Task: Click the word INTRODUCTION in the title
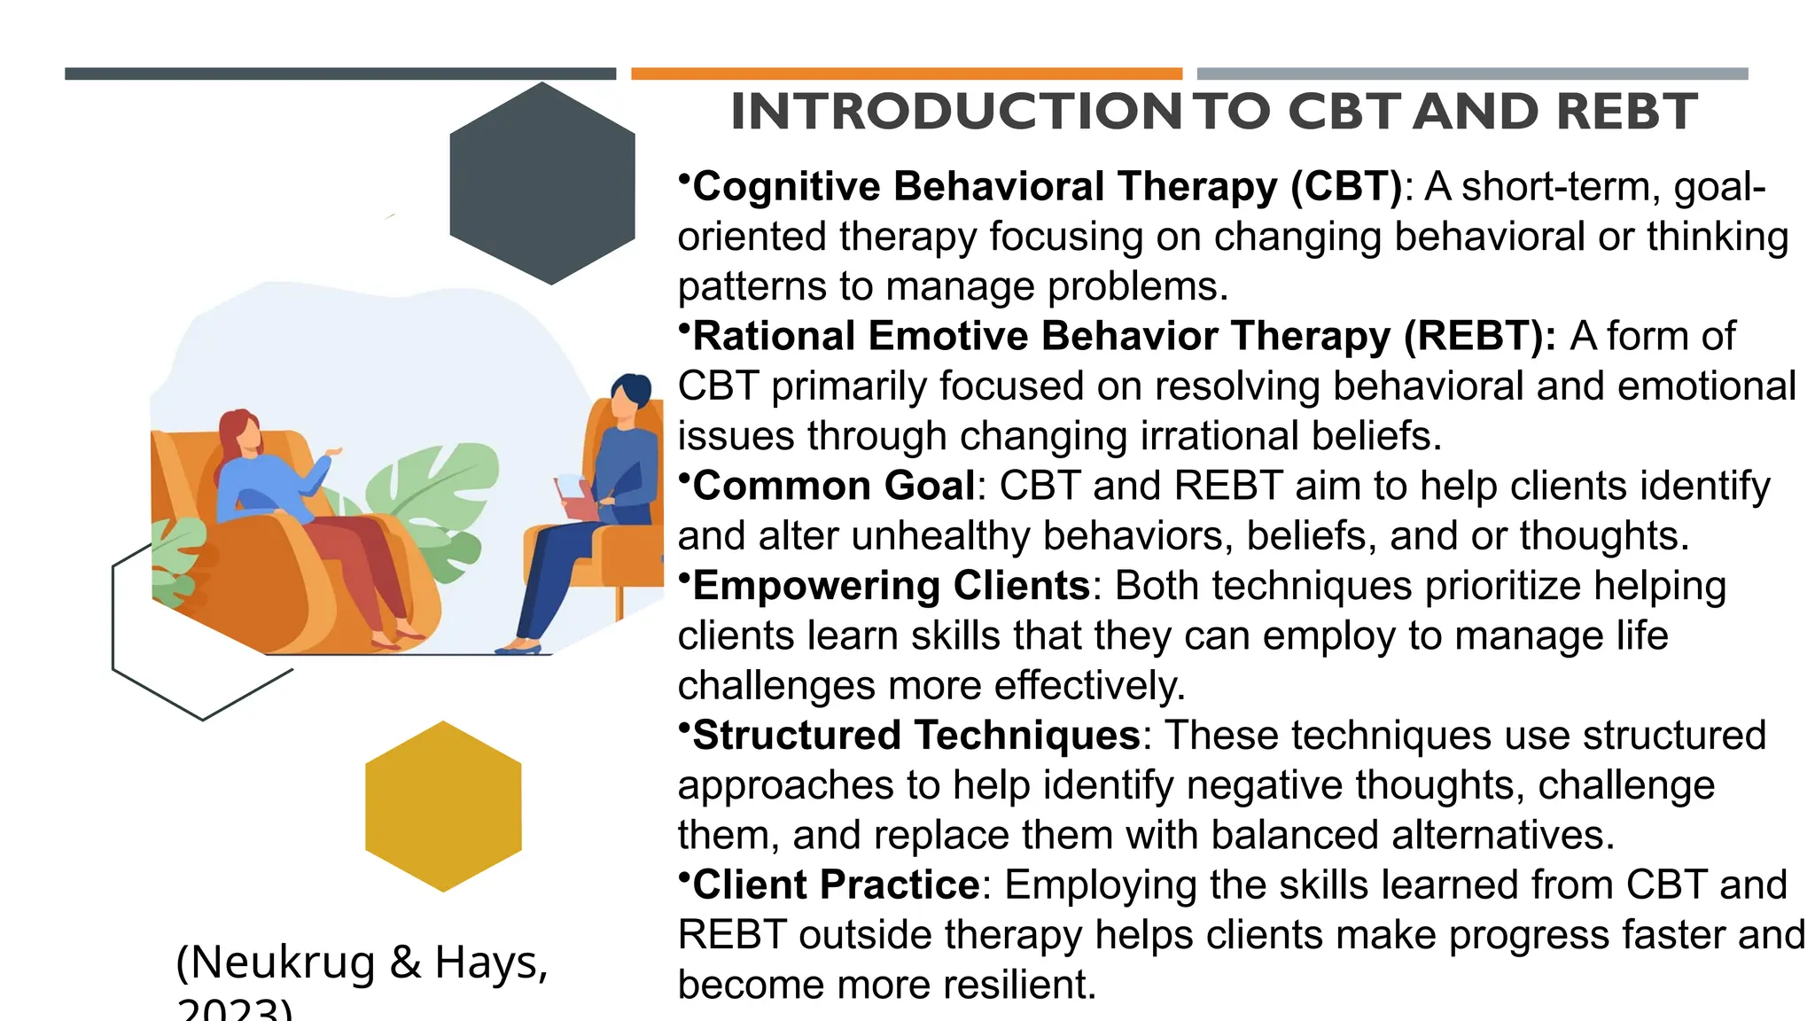pos(955,113)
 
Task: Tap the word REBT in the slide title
pos(1626,113)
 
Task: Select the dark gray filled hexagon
pos(542,183)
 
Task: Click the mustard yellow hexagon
pos(443,807)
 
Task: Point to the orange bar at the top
pos(907,74)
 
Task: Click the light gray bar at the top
pos(1472,74)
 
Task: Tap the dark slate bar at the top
pos(340,74)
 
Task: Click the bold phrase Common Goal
pos(833,486)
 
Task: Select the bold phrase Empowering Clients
pos(891,586)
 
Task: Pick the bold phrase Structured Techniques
pos(915,736)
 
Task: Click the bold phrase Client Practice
pos(836,885)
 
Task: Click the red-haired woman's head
pos(242,432)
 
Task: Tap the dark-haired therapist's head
pos(630,394)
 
